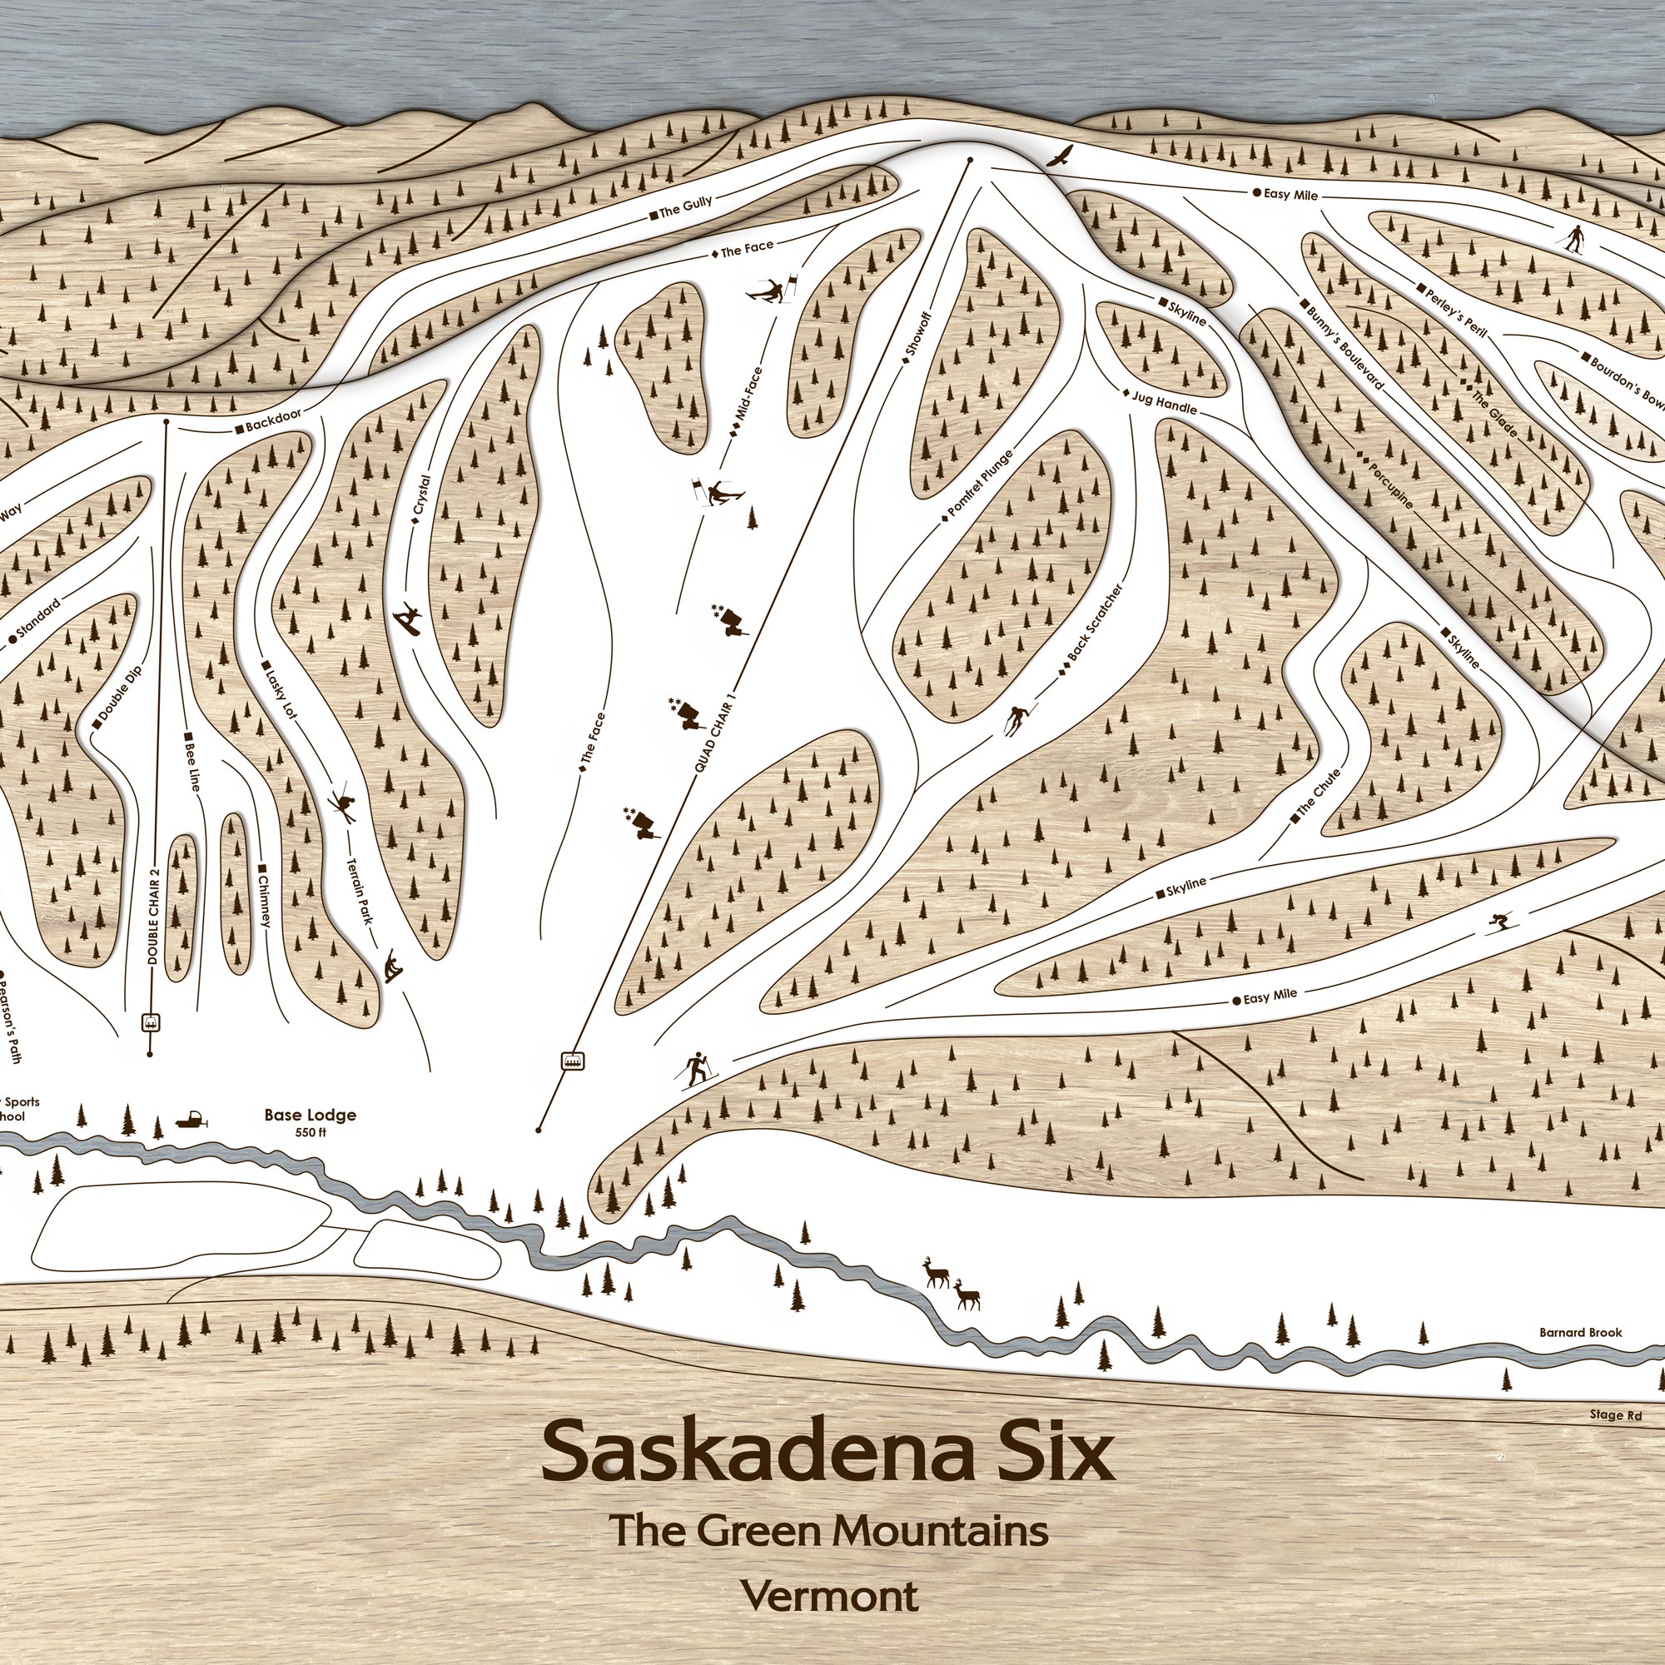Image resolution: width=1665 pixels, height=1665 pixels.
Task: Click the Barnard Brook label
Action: click(1581, 1332)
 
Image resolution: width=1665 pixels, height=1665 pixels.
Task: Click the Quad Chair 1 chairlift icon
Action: click(571, 1061)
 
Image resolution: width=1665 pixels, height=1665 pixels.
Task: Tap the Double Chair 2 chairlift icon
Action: click(152, 1022)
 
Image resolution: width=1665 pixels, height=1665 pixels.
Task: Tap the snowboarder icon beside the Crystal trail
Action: click(409, 619)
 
